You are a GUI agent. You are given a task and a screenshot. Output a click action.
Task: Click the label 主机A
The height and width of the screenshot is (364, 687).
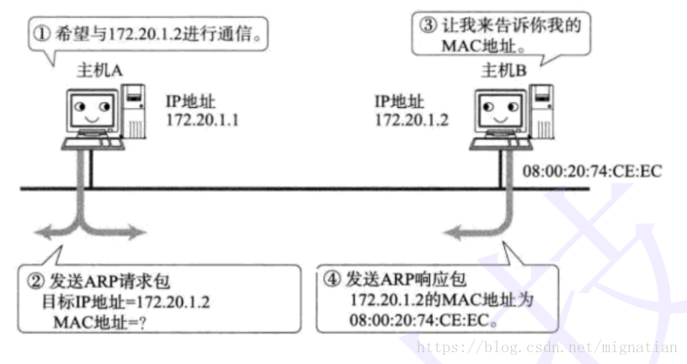(100, 71)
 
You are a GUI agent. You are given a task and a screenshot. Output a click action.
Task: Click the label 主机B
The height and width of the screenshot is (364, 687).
(503, 71)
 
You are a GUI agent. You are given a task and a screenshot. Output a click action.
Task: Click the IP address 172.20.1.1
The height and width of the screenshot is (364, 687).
(203, 120)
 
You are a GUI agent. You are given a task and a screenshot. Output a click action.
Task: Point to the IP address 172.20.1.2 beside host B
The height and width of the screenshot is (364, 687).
(410, 120)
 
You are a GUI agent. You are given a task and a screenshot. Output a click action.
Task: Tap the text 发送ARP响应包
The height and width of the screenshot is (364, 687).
(402, 281)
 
